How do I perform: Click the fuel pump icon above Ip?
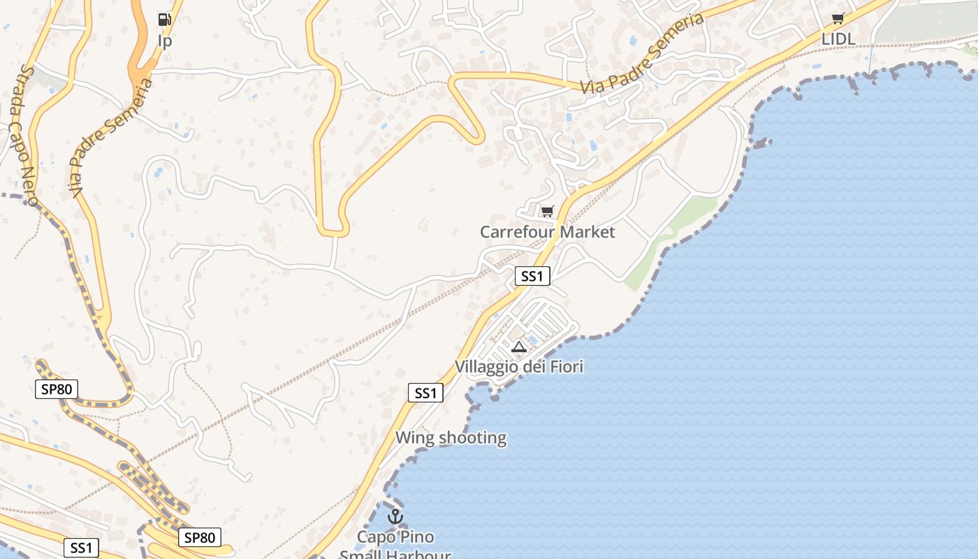164,20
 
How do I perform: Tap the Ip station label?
165,41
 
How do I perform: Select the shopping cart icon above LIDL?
838,19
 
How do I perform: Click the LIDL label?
838,39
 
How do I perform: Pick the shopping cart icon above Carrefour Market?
547,211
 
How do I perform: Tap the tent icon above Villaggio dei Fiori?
518,347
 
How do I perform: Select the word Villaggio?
486,367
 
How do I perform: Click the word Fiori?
566,367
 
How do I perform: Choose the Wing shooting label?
451,438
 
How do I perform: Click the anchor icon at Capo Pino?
395,517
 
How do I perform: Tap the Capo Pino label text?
395,537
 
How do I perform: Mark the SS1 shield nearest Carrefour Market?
532,277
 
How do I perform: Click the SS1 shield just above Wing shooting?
425,393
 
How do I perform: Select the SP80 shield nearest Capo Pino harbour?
199,537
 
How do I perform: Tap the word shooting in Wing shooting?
474,438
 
